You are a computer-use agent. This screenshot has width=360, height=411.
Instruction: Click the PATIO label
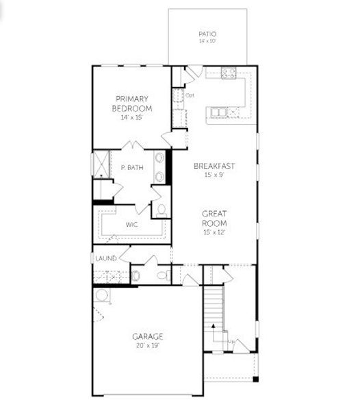point(207,33)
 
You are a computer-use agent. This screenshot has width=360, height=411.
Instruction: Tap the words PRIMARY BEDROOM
point(132,103)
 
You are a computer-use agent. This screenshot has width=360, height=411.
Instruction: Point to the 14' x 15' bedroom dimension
point(132,118)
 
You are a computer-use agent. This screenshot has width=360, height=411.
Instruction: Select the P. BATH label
point(131,167)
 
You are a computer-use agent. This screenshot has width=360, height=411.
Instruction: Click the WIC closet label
point(132,224)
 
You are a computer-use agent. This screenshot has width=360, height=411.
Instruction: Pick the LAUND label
point(105,258)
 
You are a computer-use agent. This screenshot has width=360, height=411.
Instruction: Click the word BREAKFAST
point(214,166)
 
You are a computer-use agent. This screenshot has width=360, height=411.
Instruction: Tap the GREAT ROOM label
point(214,219)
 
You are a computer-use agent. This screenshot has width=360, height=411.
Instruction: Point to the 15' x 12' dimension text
point(214,233)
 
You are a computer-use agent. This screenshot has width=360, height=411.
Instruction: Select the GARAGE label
point(147,336)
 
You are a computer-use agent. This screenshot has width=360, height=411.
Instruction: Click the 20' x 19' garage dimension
point(147,346)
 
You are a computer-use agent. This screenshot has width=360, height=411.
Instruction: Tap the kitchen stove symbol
point(229,73)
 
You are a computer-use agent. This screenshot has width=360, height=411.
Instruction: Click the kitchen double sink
point(218,112)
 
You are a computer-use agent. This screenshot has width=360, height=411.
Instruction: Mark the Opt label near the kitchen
point(190,95)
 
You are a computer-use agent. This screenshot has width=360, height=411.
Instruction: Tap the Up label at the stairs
point(231,341)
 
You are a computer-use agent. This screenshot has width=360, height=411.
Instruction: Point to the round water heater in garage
point(102,295)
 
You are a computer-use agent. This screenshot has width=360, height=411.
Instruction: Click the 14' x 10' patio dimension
point(207,41)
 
